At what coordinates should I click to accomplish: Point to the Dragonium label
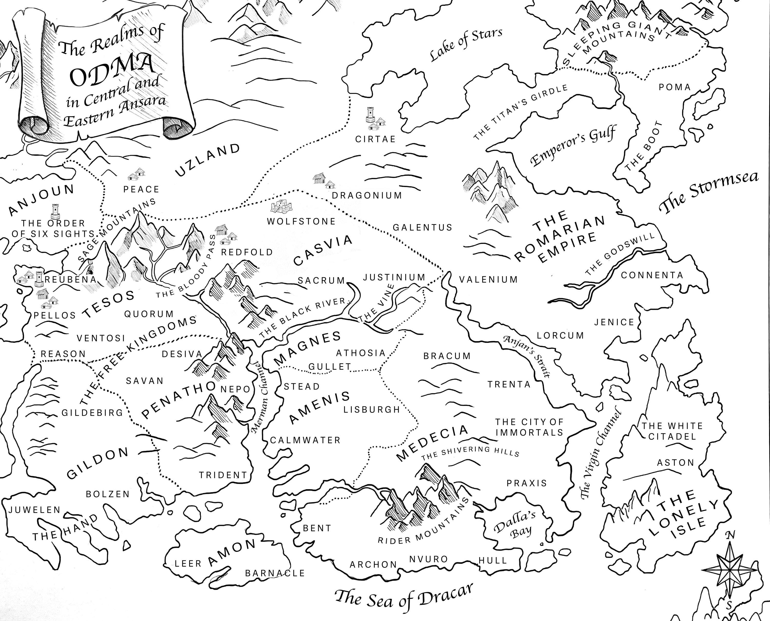point(367,195)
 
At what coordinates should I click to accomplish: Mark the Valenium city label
point(488,279)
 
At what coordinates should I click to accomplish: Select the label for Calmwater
point(305,440)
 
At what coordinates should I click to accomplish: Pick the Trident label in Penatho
point(223,475)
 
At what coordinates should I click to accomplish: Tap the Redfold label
point(247,252)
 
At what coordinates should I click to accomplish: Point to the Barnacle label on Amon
point(275,573)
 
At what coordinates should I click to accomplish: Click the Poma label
point(675,87)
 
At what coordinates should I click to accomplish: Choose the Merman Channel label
point(260,397)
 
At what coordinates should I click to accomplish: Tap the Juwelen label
point(35,510)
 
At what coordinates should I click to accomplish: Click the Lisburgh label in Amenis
point(372,409)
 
